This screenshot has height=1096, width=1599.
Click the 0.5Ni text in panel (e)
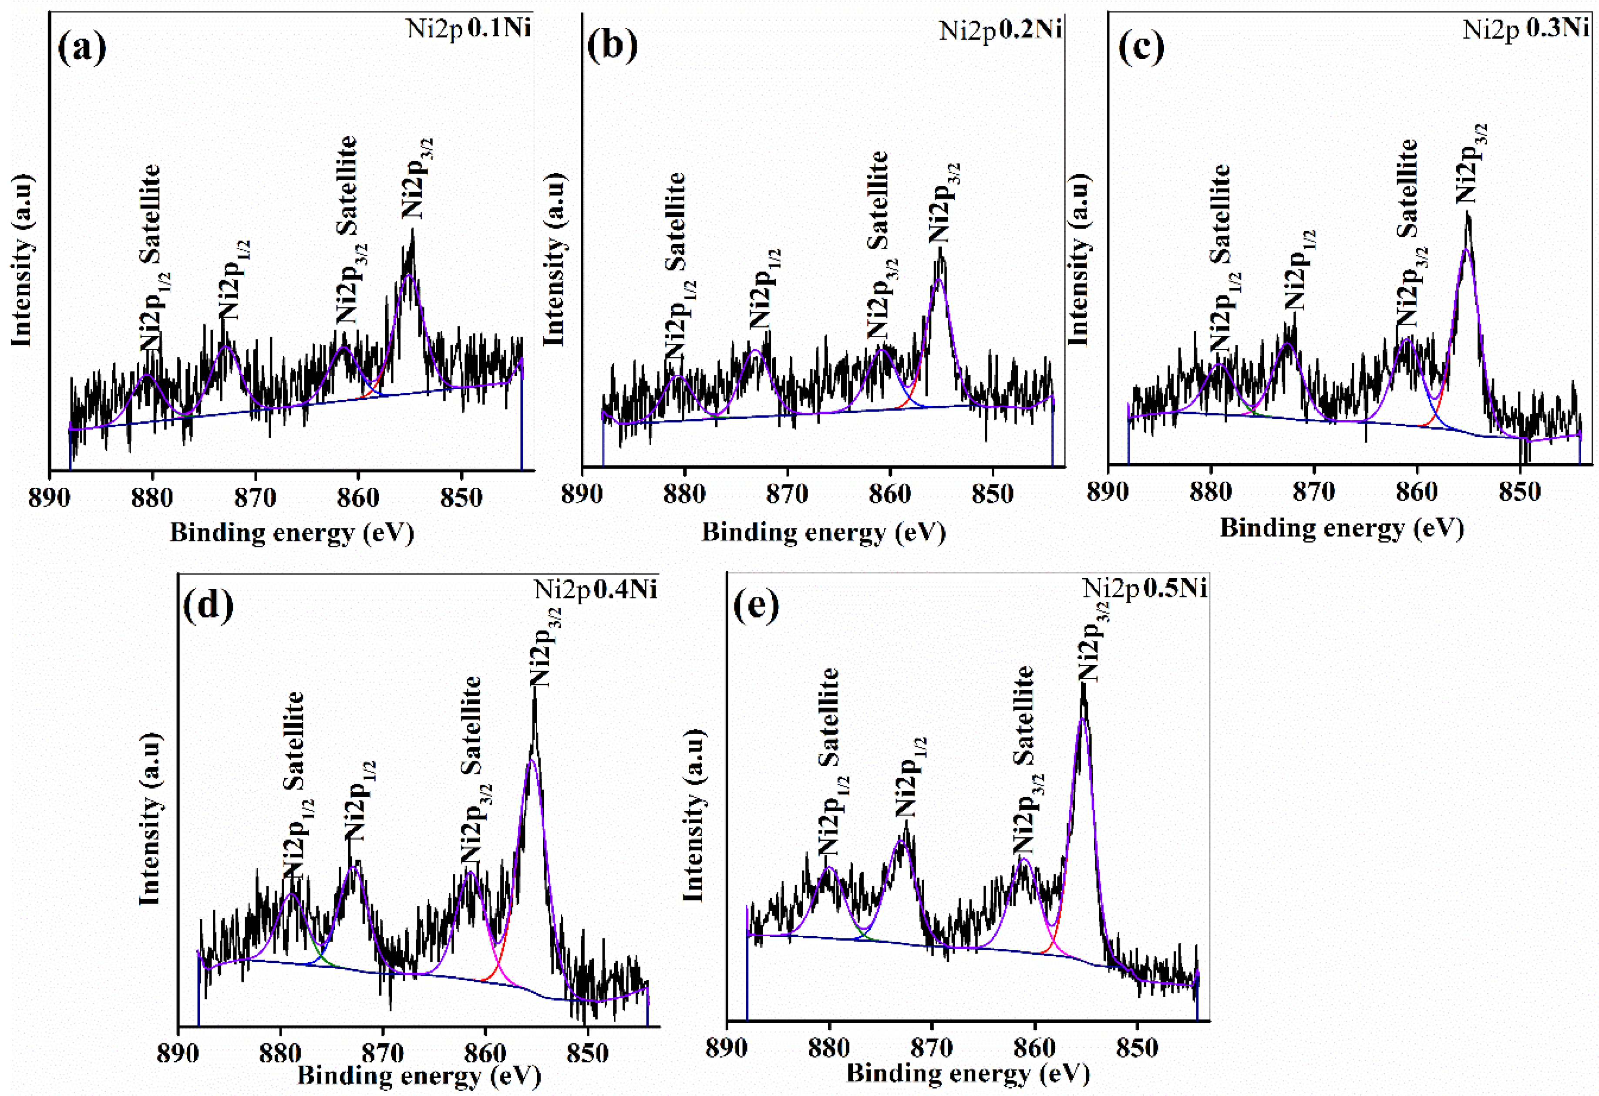pos(1175,589)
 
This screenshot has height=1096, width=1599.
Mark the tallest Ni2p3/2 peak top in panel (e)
pos(1083,685)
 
